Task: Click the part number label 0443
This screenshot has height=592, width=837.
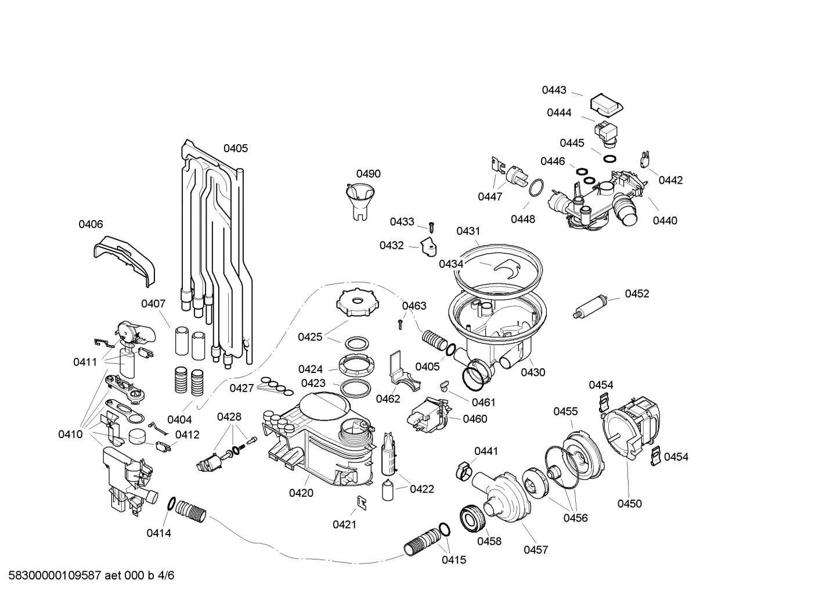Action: tap(554, 90)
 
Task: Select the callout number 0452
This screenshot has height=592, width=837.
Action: tap(637, 293)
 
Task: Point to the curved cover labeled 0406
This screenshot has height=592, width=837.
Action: tap(125, 258)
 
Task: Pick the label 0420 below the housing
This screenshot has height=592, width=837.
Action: tap(301, 493)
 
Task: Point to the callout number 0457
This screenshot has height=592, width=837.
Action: tap(535, 550)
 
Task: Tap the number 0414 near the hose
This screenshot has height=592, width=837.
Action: tap(158, 533)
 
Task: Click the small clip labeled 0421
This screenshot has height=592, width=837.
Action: tap(361, 503)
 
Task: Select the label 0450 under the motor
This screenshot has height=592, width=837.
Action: tap(629, 504)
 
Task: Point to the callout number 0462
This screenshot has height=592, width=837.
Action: tap(388, 399)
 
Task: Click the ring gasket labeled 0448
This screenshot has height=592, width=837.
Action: tap(536, 187)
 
